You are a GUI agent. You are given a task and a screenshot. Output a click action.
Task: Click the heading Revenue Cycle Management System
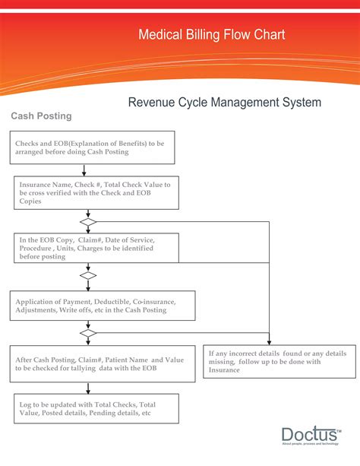point(224,102)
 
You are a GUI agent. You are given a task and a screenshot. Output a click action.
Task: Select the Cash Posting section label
point(41,116)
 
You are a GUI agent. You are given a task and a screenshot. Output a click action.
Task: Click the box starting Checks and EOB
point(93,147)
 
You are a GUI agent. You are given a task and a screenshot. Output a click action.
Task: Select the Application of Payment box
point(103,306)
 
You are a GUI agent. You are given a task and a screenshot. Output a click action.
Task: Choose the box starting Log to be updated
point(96,408)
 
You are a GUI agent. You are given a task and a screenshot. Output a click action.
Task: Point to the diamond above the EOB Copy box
point(89,222)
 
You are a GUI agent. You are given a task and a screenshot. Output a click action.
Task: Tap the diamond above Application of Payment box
point(89,276)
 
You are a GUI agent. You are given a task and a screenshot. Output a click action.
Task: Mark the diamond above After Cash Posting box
point(89,333)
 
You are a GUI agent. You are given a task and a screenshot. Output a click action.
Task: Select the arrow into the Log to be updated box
point(89,388)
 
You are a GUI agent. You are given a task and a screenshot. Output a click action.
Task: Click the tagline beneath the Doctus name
point(311,444)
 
